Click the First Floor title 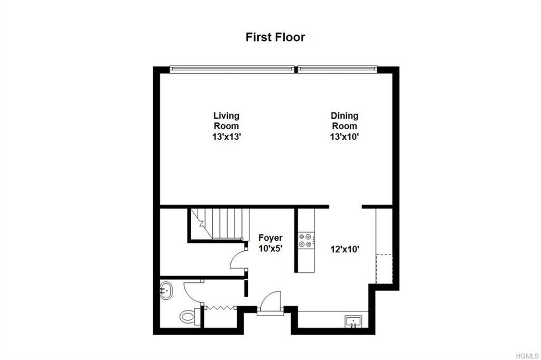pyautogui.click(x=275, y=37)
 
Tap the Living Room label pyautogui.click(x=226, y=121)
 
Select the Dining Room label pyautogui.click(x=344, y=121)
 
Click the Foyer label pyautogui.click(x=270, y=238)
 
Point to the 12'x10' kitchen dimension pyautogui.click(x=345, y=249)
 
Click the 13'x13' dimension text pyautogui.click(x=226, y=137)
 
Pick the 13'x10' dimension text pyautogui.click(x=344, y=137)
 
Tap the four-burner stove pyautogui.click(x=306, y=240)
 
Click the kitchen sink pyautogui.click(x=353, y=321)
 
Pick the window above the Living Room pyautogui.click(x=232, y=69)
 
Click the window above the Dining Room pyautogui.click(x=337, y=69)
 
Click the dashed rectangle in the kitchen pyautogui.click(x=384, y=269)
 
